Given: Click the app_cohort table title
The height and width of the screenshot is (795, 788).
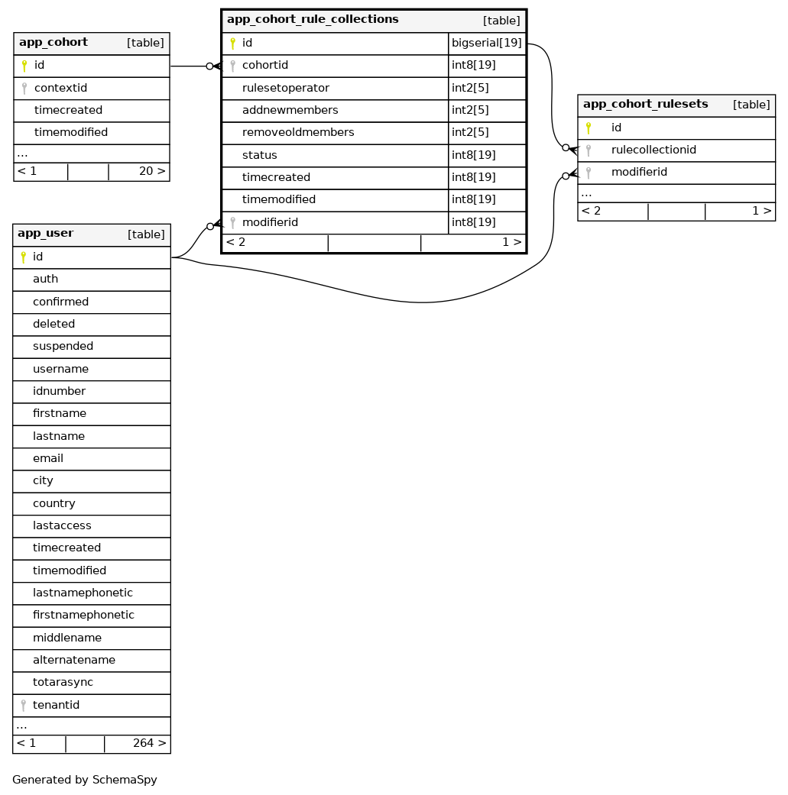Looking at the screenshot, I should (x=54, y=43).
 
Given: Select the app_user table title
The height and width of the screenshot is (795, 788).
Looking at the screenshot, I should (x=46, y=234).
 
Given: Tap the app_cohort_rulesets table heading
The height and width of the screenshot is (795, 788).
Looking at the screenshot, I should (x=645, y=105).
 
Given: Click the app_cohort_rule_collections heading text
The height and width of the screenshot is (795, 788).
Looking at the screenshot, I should (x=312, y=19).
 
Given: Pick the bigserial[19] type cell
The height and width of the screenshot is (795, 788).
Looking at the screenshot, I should (x=487, y=44).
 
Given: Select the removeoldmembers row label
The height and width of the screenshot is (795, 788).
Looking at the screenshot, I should (x=297, y=133).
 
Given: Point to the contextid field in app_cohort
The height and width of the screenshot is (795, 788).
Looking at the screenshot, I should (x=60, y=89).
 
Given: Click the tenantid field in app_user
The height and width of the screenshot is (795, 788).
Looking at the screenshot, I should (x=56, y=705).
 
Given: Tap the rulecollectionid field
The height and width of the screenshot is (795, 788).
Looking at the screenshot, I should (x=653, y=150).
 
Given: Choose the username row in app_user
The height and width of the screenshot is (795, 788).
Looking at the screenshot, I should (x=60, y=369).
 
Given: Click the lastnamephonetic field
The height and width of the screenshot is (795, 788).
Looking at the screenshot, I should (x=83, y=593).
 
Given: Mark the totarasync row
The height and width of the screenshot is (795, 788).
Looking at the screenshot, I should (x=63, y=682).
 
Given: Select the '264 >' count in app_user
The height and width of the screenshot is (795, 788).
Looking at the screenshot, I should (x=149, y=743).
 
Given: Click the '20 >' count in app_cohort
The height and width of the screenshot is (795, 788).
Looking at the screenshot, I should (x=152, y=171).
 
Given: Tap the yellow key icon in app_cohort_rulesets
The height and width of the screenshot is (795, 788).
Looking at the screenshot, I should (x=588, y=128).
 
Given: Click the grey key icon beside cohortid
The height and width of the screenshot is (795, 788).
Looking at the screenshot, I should (x=232, y=66).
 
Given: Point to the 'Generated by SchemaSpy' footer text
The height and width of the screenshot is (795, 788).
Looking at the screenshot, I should (x=85, y=780).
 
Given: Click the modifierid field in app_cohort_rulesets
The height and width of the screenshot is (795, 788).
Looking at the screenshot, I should (x=639, y=172).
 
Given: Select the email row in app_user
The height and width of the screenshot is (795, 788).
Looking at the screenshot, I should (x=48, y=458).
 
